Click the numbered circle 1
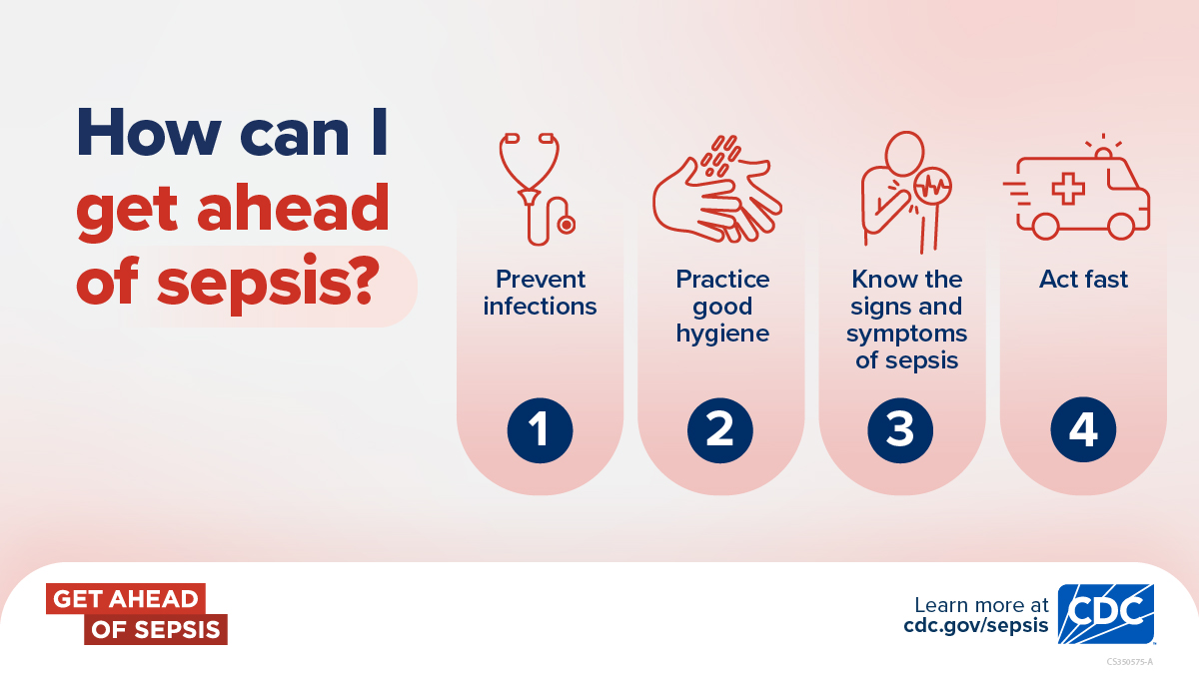click(540, 430)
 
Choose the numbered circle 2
click(720, 430)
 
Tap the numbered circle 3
click(900, 430)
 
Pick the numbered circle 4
click(1083, 429)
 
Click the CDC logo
click(1106, 613)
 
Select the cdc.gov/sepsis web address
click(976, 625)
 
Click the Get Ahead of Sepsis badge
click(137, 613)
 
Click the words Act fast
click(1083, 280)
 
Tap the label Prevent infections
click(540, 293)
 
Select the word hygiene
click(722, 335)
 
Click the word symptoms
click(907, 335)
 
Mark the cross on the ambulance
click(1068, 189)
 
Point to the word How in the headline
click(149, 132)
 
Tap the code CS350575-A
click(1129, 662)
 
